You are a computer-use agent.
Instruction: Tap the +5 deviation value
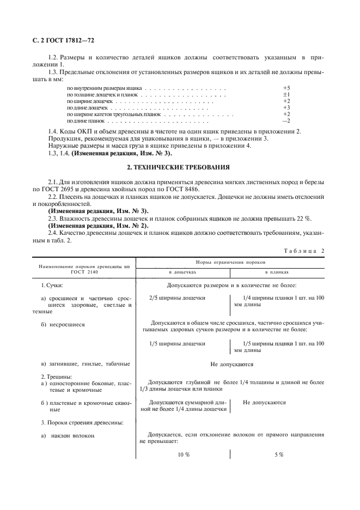pos(286,87)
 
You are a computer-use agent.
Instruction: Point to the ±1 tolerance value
pos(286,94)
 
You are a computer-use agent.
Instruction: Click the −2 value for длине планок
pos(286,120)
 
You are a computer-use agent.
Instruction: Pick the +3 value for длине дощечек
pos(286,107)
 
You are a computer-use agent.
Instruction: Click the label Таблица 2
pos(304,250)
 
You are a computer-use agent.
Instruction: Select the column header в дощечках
pos(182,271)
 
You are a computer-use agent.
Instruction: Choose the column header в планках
pos(277,271)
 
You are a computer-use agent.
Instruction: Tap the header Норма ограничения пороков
pos(229,262)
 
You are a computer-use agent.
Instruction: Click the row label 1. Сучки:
pos(53,285)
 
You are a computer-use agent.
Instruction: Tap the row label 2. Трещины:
pos(57,377)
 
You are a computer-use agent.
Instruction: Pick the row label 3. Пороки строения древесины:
pos(82,422)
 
